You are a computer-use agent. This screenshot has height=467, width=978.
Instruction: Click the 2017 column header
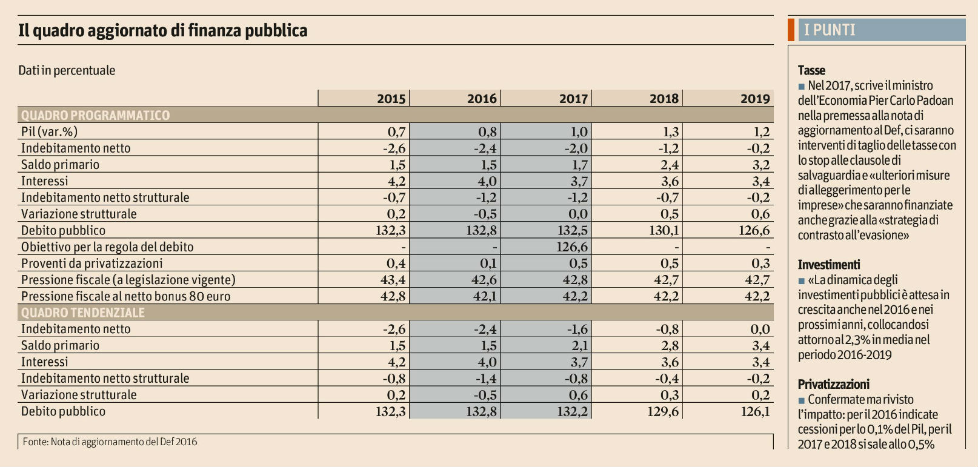click(573, 99)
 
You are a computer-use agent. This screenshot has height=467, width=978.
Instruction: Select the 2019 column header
click(755, 99)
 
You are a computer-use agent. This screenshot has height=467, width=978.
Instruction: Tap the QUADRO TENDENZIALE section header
click(83, 313)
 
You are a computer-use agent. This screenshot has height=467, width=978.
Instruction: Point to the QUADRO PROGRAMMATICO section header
click(95, 115)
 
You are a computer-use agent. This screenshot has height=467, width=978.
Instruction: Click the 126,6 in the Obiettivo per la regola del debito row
click(572, 247)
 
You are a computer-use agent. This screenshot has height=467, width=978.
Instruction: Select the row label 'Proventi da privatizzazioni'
click(91, 263)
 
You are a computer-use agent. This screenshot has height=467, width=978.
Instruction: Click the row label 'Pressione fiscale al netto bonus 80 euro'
click(125, 296)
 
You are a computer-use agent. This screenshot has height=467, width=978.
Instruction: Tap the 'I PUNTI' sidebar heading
click(830, 30)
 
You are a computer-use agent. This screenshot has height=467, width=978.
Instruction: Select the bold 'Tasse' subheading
click(811, 70)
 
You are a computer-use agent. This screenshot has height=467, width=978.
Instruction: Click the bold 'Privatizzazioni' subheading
click(833, 384)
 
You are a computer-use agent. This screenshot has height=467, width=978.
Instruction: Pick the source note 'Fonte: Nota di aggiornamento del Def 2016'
click(110, 442)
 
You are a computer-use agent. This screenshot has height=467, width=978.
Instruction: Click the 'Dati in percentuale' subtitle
click(67, 70)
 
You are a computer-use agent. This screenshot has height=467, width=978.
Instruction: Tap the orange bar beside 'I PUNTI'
click(791, 30)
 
